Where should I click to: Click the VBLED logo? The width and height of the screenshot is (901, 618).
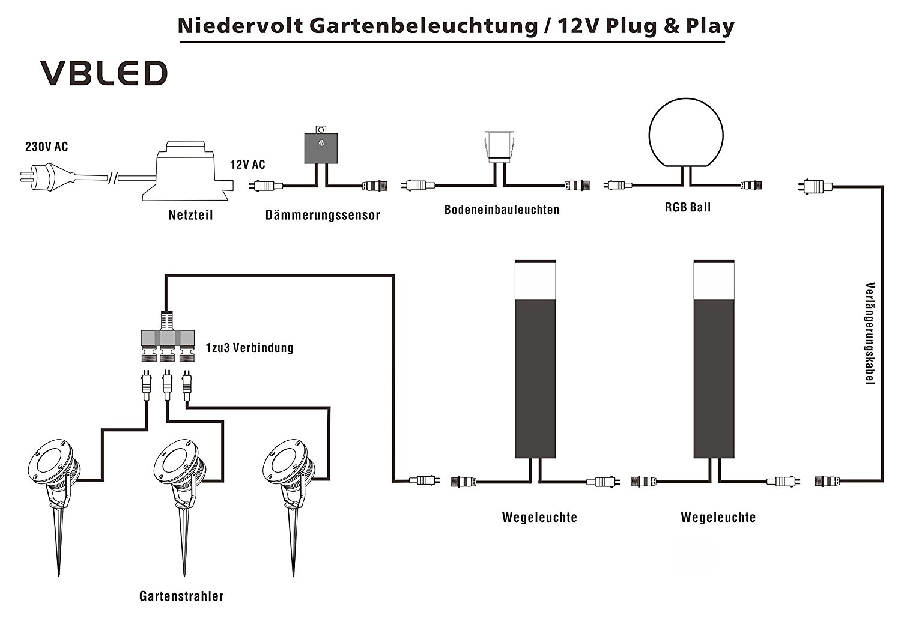104,73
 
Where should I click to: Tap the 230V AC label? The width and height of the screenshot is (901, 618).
47,147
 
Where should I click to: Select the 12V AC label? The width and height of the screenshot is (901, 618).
247,165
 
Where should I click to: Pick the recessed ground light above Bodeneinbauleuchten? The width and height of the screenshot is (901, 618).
499,147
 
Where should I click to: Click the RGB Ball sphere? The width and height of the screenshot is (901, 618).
686,133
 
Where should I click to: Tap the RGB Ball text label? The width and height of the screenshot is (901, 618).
687,207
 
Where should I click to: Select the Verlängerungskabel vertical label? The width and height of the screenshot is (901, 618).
869,334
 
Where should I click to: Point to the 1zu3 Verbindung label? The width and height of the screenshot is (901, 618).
249,348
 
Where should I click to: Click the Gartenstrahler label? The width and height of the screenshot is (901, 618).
181,596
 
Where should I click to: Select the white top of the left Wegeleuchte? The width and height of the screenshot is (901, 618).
535,280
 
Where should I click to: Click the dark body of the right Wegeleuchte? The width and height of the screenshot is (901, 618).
714,378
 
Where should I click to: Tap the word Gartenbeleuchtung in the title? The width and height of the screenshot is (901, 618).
423,26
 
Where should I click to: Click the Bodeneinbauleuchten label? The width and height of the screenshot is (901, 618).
502,210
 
